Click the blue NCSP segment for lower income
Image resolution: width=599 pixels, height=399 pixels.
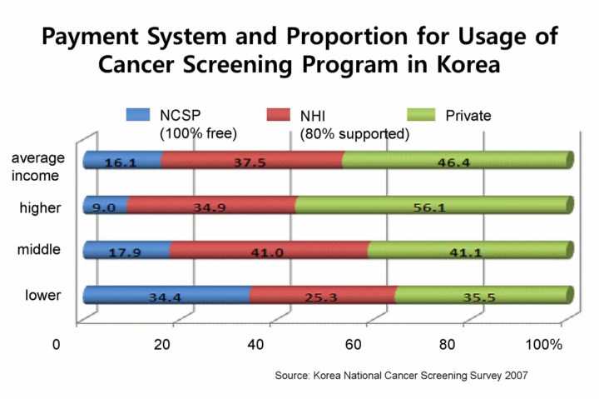coord(166,294)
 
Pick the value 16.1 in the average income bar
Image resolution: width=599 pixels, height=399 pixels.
coord(121,164)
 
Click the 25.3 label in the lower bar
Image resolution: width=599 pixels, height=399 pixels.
coord(320,295)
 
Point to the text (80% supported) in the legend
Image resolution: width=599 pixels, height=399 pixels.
coord(354,133)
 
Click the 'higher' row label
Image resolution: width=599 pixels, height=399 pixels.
coord(39,207)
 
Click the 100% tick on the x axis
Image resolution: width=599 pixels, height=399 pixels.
coord(544,345)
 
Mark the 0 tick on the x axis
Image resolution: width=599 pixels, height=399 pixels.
coord(57,345)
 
